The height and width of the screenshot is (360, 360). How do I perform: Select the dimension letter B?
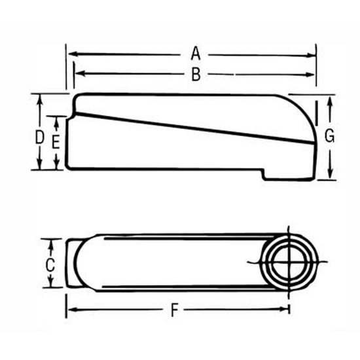194,75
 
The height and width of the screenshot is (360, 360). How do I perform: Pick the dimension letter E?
57,142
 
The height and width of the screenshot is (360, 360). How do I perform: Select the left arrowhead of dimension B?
79,74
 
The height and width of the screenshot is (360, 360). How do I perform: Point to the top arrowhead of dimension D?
41,99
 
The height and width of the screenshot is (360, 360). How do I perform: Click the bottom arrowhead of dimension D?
41,166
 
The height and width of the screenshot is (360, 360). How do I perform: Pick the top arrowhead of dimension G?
330,99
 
